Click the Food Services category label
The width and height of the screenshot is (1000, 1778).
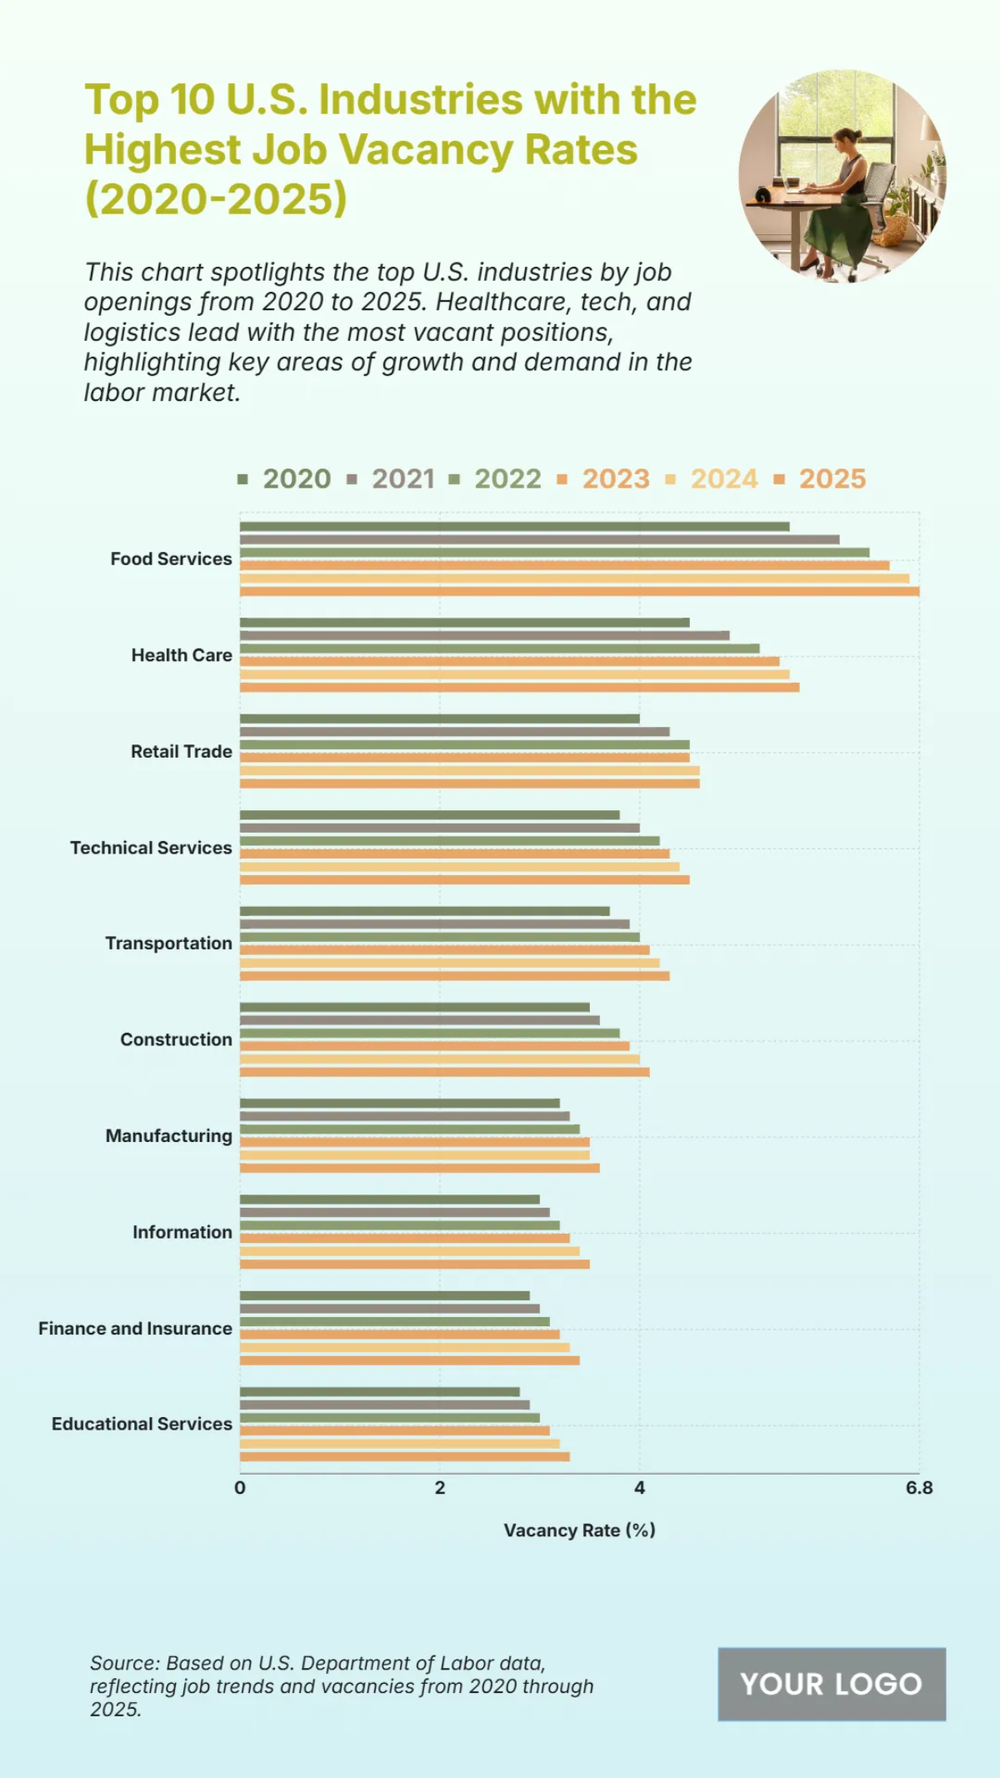coord(171,558)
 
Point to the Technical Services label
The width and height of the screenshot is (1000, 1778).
coord(151,848)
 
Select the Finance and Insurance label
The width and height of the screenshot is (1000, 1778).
coord(135,1328)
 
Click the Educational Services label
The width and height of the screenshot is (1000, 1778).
coord(142,1424)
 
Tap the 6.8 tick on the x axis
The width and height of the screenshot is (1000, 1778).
coord(919,1488)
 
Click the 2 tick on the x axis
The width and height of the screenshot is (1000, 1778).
coord(439,1488)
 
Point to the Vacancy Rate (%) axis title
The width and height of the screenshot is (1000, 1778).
coord(579,1530)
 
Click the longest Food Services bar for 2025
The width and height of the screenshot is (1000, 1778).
coord(579,591)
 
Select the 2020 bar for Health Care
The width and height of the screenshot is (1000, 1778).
coord(464,623)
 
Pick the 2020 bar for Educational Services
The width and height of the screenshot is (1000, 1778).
coord(379,1392)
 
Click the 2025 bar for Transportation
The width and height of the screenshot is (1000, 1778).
coord(454,975)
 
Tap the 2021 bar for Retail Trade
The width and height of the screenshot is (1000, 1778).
coord(454,732)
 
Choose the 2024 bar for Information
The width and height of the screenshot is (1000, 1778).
coord(409,1251)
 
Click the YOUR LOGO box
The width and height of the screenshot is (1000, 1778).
coord(831,1684)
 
